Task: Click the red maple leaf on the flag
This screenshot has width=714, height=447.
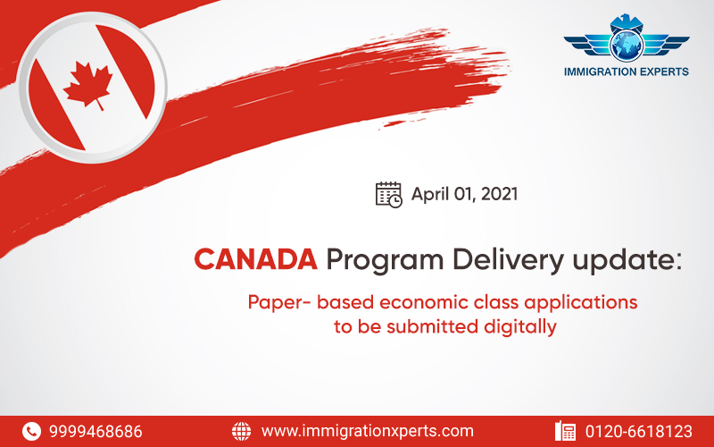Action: pos(87,86)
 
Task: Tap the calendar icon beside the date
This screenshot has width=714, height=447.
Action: pos(388,194)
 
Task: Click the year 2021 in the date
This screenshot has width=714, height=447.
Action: pos(499,194)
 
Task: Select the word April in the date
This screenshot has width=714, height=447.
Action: pos(430,195)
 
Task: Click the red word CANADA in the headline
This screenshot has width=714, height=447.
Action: pos(255,259)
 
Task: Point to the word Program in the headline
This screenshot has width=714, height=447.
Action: pos(385,261)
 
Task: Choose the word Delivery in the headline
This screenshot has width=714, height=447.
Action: pos(508,261)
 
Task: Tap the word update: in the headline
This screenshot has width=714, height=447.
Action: pos(627,261)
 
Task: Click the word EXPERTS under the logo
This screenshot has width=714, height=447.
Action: pos(659,72)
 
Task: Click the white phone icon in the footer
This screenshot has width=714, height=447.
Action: pos(31,431)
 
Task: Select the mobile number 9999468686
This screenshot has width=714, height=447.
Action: pos(95,432)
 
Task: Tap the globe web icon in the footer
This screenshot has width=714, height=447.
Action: pos(241,431)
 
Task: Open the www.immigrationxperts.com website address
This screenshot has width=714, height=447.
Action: pos(368,431)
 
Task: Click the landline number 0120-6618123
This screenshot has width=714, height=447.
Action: pos(639,432)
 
